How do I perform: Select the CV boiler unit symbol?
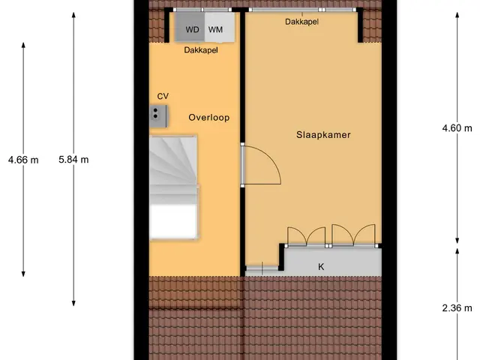(158, 116)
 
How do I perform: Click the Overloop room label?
(209, 118)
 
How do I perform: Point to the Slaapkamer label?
(323, 135)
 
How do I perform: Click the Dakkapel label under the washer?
(201, 50)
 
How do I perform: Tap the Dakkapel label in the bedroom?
(301, 22)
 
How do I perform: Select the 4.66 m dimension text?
(23, 160)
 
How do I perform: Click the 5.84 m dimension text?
(73, 160)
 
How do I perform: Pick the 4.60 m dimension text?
(457, 128)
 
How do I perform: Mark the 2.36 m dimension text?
(457, 308)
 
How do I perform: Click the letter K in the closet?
(321, 267)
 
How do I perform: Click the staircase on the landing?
(173, 170)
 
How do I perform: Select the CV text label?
(163, 97)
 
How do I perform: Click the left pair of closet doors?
(306, 236)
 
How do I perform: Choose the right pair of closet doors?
(353, 235)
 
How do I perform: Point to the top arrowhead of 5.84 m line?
(73, 15)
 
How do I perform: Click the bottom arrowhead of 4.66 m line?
(23, 274)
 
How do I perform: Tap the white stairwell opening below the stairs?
(173, 221)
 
